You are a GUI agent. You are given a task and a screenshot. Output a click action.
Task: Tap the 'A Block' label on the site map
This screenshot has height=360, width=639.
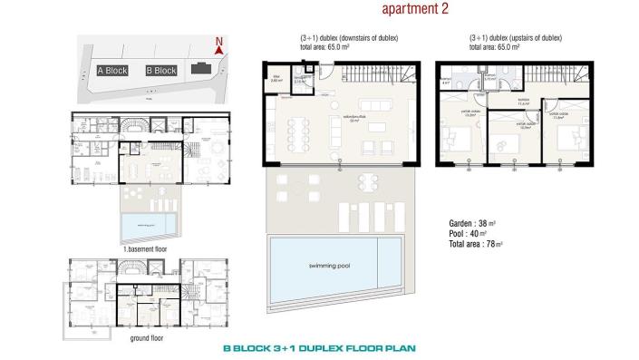click(x=111, y=70)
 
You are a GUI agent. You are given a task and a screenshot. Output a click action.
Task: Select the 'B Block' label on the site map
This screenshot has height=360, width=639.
click(x=160, y=70)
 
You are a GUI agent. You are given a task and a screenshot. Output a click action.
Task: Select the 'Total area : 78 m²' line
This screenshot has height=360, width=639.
click(x=476, y=244)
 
